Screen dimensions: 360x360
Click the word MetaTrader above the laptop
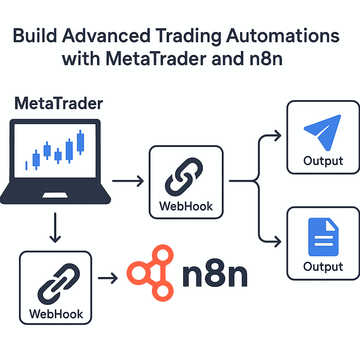pyautogui.click(x=59, y=104)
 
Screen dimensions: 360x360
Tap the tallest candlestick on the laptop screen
pyautogui.click(x=81, y=142)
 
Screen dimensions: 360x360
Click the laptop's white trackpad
pyautogui.click(x=56, y=195)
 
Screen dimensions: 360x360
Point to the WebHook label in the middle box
pyautogui.click(x=186, y=206)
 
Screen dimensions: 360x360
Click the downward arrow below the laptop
pyautogui.click(x=54, y=229)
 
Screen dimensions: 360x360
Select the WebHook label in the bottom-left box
pyautogui.click(x=56, y=313)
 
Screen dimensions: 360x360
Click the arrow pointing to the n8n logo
pyautogui.click(x=108, y=279)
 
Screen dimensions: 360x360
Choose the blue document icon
pyautogui.click(x=323, y=237)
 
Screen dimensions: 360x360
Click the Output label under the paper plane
pyautogui.click(x=323, y=161)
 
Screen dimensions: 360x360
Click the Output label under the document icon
pyautogui.click(x=323, y=266)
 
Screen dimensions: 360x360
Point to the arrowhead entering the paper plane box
pyautogui.click(x=278, y=135)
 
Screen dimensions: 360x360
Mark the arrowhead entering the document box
pyautogui.click(x=278, y=242)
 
